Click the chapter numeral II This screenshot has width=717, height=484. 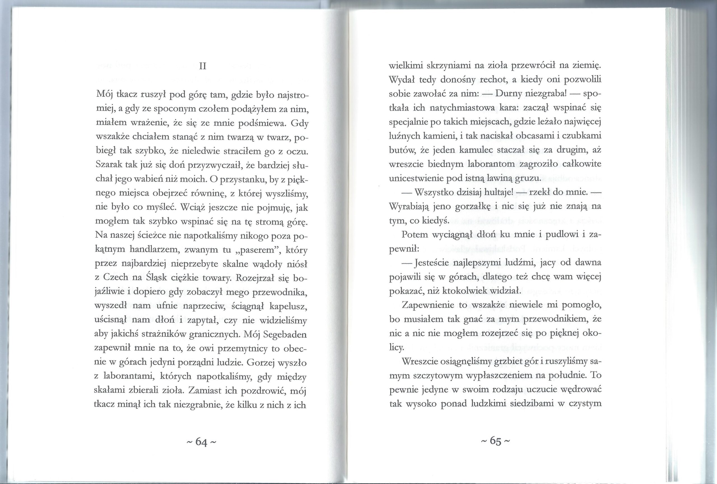tap(203, 66)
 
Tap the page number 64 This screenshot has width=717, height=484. tap(201, 442)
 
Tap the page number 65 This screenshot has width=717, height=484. tap(495, 441)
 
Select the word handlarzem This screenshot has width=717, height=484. tap(153, 250)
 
